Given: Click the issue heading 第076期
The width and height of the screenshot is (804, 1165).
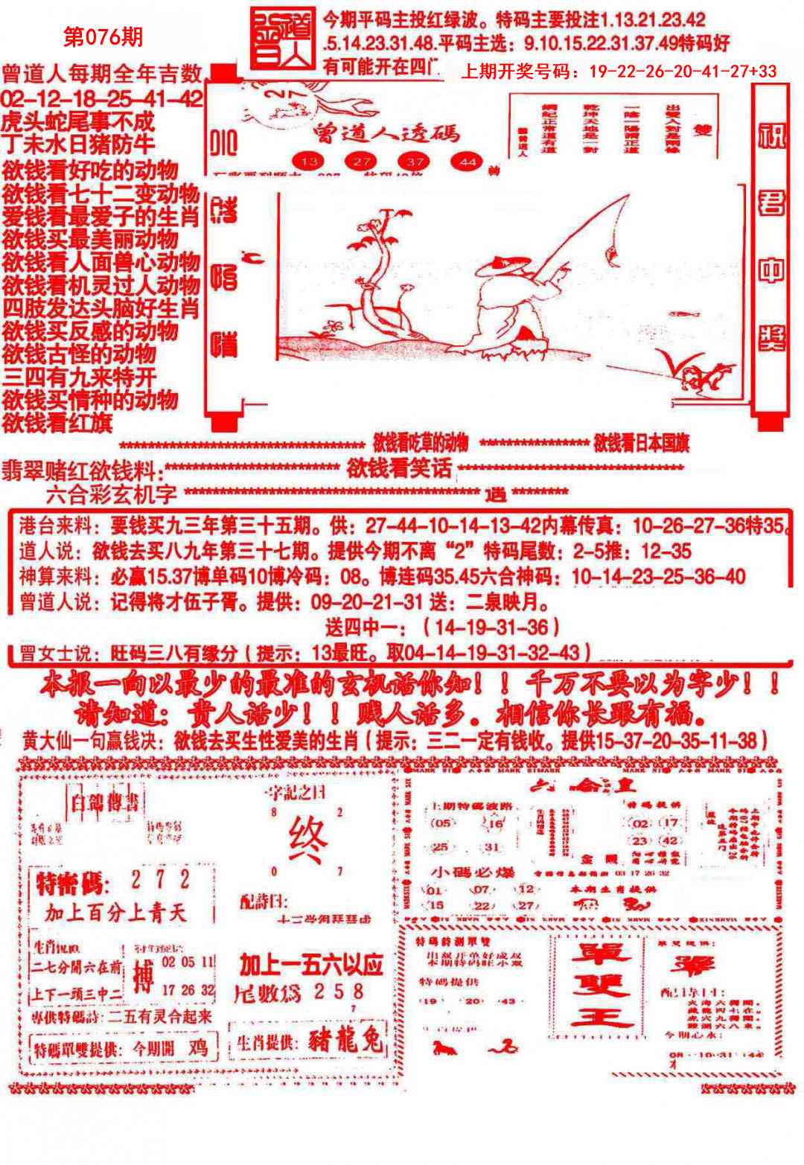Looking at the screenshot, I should tap(103, 38).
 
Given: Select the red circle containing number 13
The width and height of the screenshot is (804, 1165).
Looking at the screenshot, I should tap(310, 161).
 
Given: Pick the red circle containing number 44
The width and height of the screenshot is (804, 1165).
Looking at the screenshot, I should tap(468, 161).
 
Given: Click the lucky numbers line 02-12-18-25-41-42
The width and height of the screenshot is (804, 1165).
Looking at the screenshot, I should tap(102, 100).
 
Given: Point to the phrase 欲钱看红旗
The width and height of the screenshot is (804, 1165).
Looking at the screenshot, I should tap(58, 424).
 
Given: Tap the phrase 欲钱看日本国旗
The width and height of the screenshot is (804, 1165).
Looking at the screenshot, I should tap(641, 444).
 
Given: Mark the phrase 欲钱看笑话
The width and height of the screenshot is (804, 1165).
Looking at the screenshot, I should tap(399, 468).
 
